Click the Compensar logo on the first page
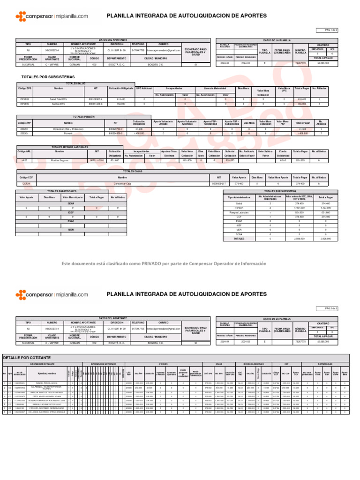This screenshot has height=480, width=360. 51,16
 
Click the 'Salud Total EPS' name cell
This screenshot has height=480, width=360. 59,99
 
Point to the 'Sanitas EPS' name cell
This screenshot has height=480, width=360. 59,104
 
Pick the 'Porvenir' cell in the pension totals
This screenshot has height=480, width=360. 59,133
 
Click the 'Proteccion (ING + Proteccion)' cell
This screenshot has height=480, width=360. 59,129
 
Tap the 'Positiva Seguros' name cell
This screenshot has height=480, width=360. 60,160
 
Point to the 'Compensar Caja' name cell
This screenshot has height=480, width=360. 122,184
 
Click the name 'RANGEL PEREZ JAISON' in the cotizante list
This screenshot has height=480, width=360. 46,383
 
